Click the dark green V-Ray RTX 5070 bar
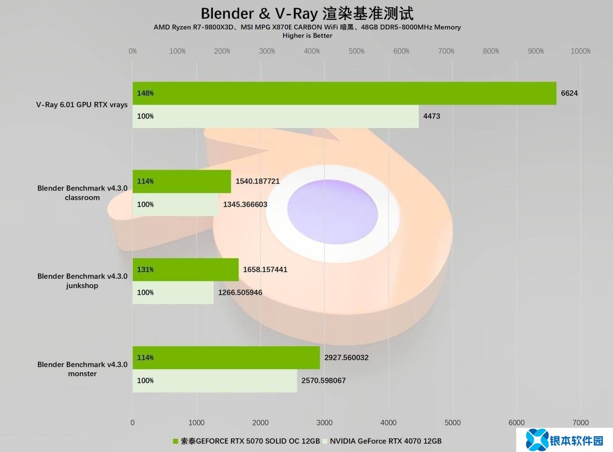pyautogui.click(x=344, y=93)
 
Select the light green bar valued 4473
pyautogui.click(x=275, y=117)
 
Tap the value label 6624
pyautogui.click(x=569, y=93)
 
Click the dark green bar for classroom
pyautogui.click(x=181, y=181)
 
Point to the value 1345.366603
pyautogui.click(x=245, y=204)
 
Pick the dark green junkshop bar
pyautogui.click(x=185, y=269)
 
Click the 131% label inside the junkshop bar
pyautogui.click(x=145, y=270)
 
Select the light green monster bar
pyautogui.click(x=214, y=380)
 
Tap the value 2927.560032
pyautogui.click(x=347, y=358)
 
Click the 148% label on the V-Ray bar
pyautogui.click(x=145, y=93)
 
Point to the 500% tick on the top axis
pyautogui.click(x=357, y=51)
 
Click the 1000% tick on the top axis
pyautogui.click(x=580, y=51)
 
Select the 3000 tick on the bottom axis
pyautogui.click(x=325, y=423)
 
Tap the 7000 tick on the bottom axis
pyautogui.click(x=581, y=423)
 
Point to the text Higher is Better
pyautogui.click(x=307, y=35)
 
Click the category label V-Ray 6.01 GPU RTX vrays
pyautogui.click(x=82, y=104)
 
